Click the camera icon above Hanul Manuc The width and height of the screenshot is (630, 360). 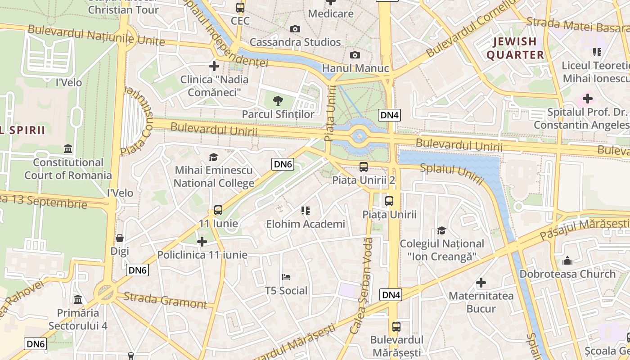[355, 55]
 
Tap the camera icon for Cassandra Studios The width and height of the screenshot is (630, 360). [295, 29]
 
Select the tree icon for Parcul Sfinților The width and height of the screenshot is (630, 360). [278, 100]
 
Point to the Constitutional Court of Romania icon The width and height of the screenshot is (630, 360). [68, 148]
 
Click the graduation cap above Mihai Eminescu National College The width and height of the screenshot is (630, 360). [213, 157]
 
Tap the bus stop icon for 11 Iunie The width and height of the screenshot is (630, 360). [218, 210]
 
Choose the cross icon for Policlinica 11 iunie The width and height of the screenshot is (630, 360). [202, 242]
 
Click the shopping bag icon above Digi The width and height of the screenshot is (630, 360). [120, 238]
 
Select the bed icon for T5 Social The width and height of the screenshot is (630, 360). [286, 277]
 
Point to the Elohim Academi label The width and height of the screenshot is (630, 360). [306, 224]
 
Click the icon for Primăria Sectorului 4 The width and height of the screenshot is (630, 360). [78, 299]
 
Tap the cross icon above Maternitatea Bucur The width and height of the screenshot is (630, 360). [481, 283]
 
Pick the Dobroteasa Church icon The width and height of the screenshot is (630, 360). [567, 260]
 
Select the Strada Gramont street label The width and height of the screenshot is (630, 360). [165, 300]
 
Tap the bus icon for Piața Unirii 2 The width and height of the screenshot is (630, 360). [364, 167]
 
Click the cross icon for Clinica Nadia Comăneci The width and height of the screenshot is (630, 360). [214, 66]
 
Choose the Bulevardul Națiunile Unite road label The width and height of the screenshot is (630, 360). [96, 36]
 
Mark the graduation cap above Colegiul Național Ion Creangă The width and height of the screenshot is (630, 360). [442, 230]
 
